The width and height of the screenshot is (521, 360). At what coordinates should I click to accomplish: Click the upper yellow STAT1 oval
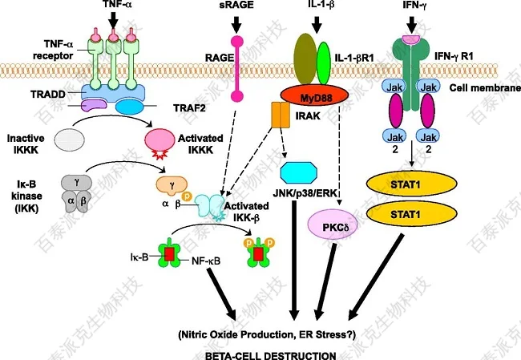[x=410, y=182]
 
